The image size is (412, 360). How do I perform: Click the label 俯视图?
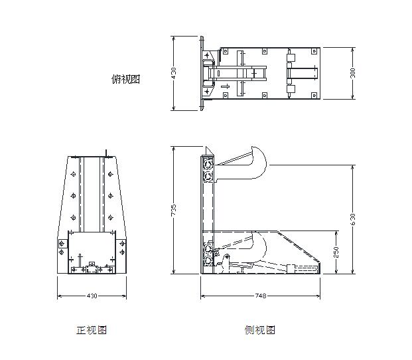[125, 79]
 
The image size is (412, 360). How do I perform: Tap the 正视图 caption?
[92, 330]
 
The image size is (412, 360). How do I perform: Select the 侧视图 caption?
[259, 329]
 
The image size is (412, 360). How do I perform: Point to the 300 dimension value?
[352, 73]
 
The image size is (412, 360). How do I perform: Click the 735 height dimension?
[174, 210]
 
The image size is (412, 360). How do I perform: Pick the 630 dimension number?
[352, 219]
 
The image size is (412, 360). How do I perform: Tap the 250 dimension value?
[336, 252]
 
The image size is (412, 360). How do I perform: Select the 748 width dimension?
[260, 296]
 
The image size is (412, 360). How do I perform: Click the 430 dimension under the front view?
[92, 296]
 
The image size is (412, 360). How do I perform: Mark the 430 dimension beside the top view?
[174, 73]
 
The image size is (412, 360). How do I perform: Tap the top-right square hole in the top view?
[314, 51]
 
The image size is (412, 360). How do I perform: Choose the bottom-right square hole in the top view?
[314, 95]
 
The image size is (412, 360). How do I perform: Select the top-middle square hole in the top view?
[265, 51]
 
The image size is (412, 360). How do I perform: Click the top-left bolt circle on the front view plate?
[73, 174]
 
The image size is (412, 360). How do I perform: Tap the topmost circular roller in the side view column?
[208, 165]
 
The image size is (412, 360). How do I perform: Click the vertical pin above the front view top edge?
[106, 153]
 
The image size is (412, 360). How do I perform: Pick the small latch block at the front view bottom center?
[92, 268]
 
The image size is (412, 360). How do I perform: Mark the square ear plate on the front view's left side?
[62, 244]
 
